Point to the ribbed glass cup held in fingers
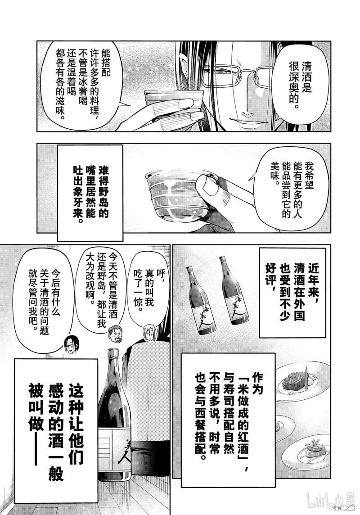click(177, 192)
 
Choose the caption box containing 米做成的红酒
click(229, 416)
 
